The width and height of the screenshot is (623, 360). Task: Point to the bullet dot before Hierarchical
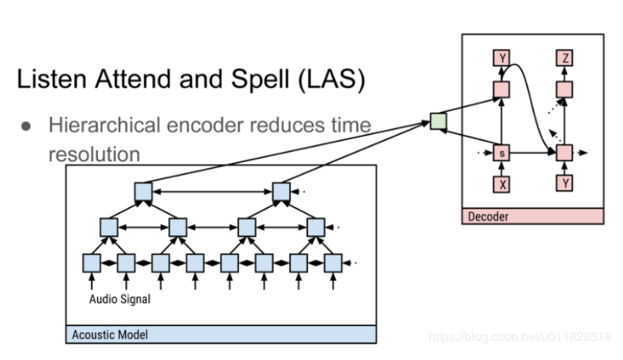[x=25, y=126]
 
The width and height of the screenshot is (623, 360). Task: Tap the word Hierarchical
[x=104, y=125]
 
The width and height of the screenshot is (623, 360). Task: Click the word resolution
[x=94, y=154]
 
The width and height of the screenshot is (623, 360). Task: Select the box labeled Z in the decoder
[x=565, y=58]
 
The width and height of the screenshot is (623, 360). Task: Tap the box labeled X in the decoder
[x=501, y=183]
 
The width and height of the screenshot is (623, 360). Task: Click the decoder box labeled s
[x=501, y=153]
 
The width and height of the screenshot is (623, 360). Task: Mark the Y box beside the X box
[x=565, y=183]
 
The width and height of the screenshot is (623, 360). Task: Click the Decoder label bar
[x=532, y=216]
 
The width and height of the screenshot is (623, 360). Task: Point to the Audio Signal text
[x=120, y=299]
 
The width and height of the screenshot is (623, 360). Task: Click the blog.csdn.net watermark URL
[x=520, y=337]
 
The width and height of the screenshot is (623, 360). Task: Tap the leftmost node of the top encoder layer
[x=143, y=191]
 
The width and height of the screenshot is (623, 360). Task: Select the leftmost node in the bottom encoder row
[x=91, y=263]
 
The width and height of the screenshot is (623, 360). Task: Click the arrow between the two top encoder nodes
[x=212, y=191]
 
